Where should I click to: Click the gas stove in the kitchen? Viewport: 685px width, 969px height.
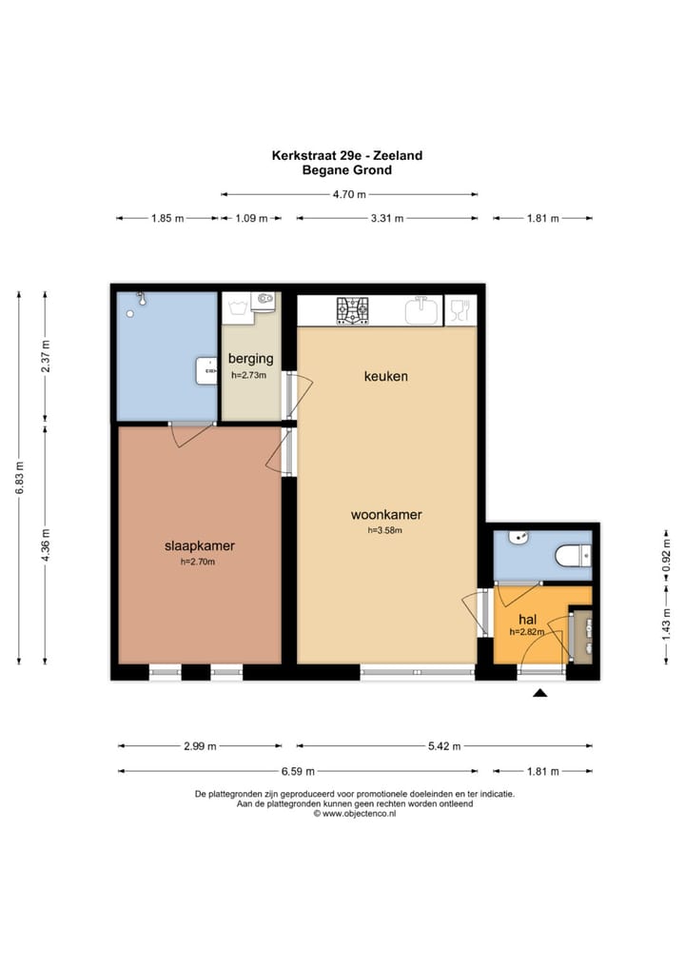coord(352,310)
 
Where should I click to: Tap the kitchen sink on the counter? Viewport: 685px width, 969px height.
coord(421,310)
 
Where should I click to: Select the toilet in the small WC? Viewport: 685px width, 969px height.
coord(573,555)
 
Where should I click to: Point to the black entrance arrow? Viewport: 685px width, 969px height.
coord(540,693)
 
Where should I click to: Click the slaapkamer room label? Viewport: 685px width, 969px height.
coord(200,545)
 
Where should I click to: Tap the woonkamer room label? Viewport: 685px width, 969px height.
coord(386,514)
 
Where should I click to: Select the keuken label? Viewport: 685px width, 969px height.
coord(386,376)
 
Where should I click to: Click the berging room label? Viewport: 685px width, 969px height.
coord(250,359)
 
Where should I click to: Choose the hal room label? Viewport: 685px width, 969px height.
coord(527,620)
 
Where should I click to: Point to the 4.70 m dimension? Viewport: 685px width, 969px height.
coord(349,194)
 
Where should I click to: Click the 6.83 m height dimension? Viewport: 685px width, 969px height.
coord(19,479)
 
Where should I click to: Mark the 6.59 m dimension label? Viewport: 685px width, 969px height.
coord(298,771)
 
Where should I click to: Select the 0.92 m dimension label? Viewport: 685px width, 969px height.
coord(667,556)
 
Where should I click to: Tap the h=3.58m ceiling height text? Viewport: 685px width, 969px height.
coord(384,530)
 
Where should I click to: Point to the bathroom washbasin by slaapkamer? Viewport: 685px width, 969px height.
coord(206,370)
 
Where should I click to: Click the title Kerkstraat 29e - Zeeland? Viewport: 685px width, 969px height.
coord(347,155)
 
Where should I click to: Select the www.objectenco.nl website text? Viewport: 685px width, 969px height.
coord(355,814)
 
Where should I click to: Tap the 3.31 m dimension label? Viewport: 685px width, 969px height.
coord(387,218)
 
